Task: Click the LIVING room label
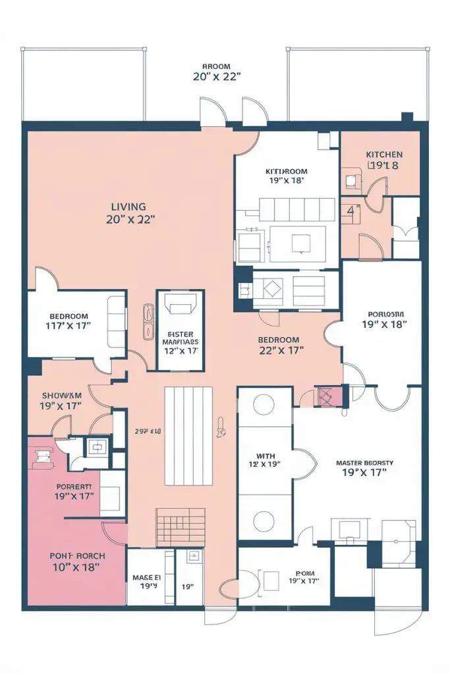click(x=128, y=207)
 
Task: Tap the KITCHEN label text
click(x=383, y=154)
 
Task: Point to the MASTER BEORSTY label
click(x=364, y=463)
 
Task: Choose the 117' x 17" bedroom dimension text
click(x=68, y=324)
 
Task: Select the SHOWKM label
click(x=61, y=395)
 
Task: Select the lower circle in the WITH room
click(x=265, y=518)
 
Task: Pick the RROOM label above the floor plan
click(x=216, y=66)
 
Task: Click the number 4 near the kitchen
click(x=351, y=211)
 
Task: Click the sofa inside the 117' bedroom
click(x=117, y=322)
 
